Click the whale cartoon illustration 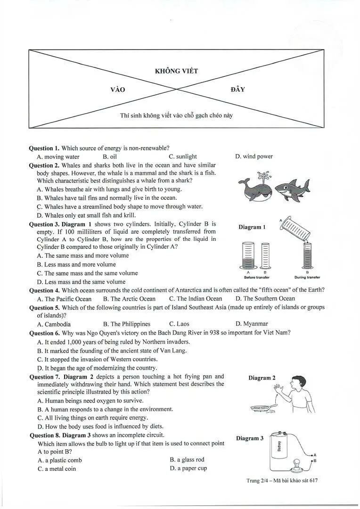pos(255,188)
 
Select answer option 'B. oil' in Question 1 pos(110,157)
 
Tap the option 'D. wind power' pos(254,156)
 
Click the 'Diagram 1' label pos(252,227)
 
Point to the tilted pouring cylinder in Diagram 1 pos(295,230)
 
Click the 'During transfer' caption pos(307,278)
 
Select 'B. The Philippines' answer pos(127,324)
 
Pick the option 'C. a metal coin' pos(57,469)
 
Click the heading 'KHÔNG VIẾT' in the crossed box pos(176,71)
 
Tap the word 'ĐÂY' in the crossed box pos(237,90)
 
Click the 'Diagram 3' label pos(250,438)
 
